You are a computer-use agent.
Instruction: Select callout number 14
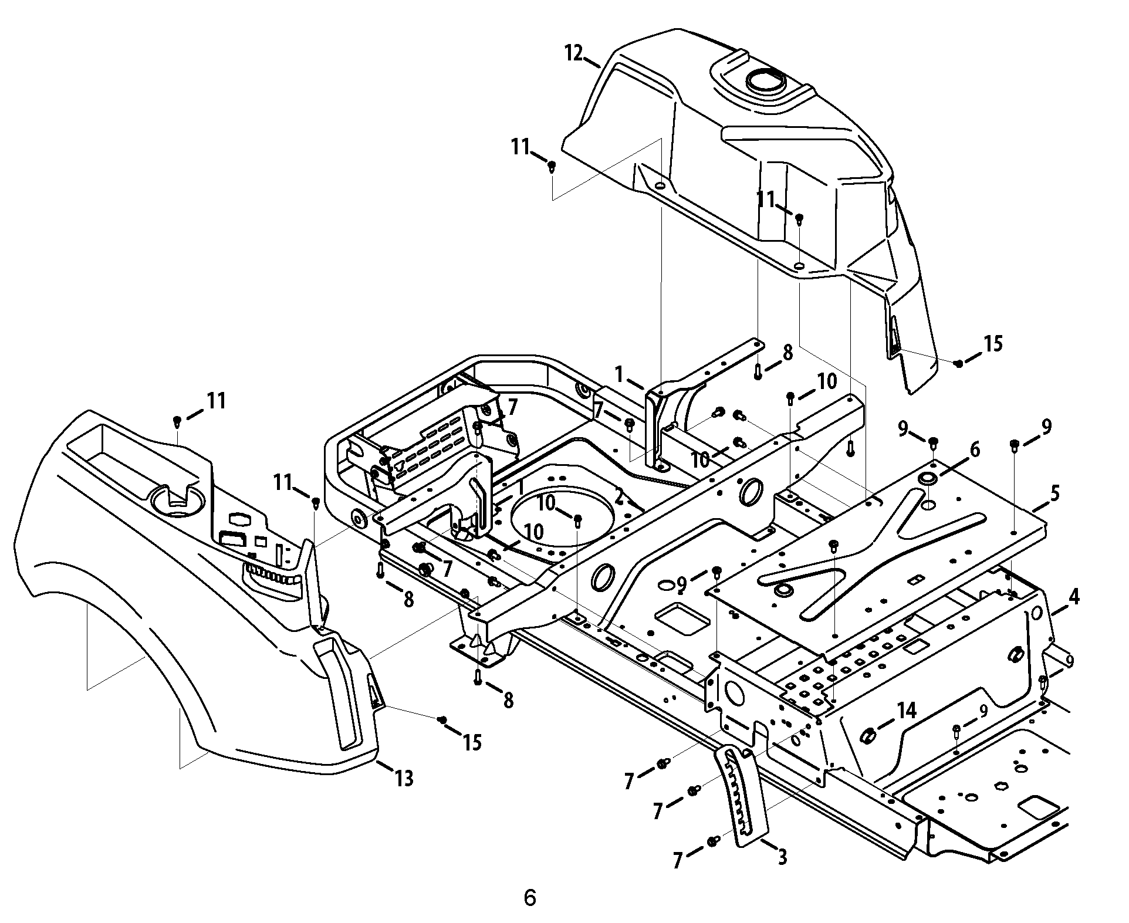coord(905,711)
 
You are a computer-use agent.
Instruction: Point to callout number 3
coord(782,857)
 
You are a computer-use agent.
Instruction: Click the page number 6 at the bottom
coord(529,898)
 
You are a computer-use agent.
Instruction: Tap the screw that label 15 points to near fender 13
coord(444,719)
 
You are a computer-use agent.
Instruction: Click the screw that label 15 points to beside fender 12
coord(959,364)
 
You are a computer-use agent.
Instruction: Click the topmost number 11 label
coord(520,147)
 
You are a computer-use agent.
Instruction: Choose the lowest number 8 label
coord(508,699)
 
